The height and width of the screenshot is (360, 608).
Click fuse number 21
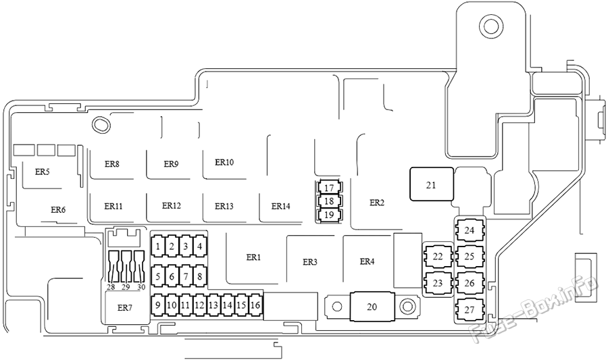point(431,184)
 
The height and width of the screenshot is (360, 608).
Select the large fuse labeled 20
point(372,307)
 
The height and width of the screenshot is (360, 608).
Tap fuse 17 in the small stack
point(329,188)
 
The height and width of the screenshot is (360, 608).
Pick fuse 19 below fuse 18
point(329,215)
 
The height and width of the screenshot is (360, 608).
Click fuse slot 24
point(470,230)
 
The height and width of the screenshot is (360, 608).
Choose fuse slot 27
point(470,310)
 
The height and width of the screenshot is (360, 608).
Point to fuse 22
point(438,257)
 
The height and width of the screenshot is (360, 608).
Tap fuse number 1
point(158,246)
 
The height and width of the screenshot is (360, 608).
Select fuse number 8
point(200,276)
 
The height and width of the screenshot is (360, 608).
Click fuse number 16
point(255,305)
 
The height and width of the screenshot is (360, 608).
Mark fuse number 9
point(158,305)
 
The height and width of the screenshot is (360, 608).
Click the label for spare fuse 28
point(111,287)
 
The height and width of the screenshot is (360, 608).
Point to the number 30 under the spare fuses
point(141,287)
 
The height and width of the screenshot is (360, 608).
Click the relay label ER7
point(125,308)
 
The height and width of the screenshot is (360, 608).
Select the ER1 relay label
point(253,257)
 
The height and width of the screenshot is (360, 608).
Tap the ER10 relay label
point(224,162)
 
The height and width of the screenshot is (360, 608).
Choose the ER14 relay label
point(281,206)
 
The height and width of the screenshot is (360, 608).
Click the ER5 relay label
point(43,172)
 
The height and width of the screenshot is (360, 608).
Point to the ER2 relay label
point(377,202)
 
